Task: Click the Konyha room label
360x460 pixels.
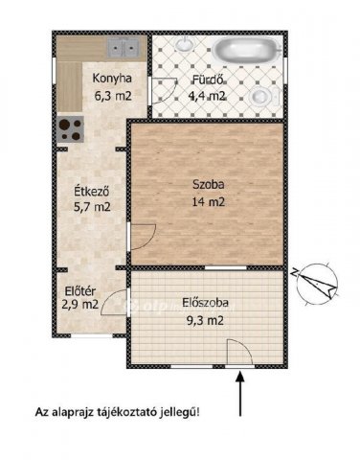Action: [x=113, y=80]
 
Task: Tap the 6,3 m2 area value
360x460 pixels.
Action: [x=113, y=95]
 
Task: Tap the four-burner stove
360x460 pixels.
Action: [x=69, y=127]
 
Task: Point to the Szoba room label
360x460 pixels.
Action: [x=201, y=186]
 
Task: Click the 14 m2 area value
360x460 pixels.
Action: [x=201, y=202]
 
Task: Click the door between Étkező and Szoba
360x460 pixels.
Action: [x=142, y=235]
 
